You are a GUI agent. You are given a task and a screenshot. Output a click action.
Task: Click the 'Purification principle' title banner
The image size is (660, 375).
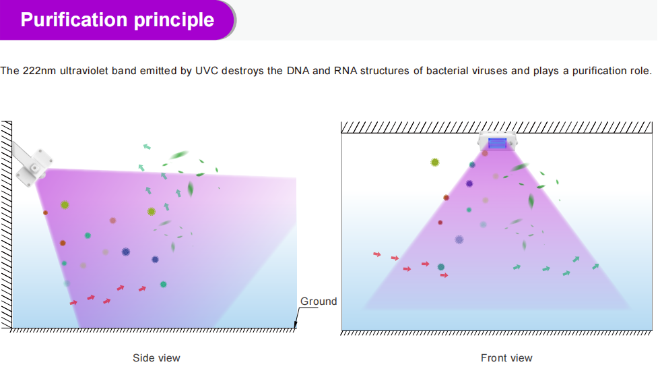tap(117, 20)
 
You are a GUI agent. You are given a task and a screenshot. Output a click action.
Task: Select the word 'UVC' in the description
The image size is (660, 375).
tap(207, 71)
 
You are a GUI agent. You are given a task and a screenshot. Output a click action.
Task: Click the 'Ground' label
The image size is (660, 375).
tap(318, 301)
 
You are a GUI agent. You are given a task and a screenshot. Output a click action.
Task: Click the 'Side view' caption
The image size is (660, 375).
tap(156, 357)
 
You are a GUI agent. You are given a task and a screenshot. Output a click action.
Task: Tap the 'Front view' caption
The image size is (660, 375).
tap(506, 357)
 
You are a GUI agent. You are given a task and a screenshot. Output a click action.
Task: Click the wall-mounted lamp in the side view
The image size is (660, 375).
tap(32, 165)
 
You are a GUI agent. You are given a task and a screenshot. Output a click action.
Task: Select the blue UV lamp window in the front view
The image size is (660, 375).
tap(497, 143)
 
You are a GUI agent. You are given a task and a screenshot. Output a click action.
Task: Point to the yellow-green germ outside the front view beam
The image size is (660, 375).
tap(435, 163)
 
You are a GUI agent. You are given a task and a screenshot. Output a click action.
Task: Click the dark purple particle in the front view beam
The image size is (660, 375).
tap(469, 183)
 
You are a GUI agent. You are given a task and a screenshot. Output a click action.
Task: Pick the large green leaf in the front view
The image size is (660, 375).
tap(531, 201)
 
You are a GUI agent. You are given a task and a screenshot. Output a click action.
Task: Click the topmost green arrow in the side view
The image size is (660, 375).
tap(147, 146)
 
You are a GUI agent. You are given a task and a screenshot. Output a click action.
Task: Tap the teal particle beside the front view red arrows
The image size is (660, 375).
tap(440, 266)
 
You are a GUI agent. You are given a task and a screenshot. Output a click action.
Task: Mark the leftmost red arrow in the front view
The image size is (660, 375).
tap(377, 254)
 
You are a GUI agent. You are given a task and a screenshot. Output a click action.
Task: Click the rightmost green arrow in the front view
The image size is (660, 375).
tap(595, 266)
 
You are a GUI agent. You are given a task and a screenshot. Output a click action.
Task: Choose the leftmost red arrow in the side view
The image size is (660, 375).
tap(73, 303)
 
